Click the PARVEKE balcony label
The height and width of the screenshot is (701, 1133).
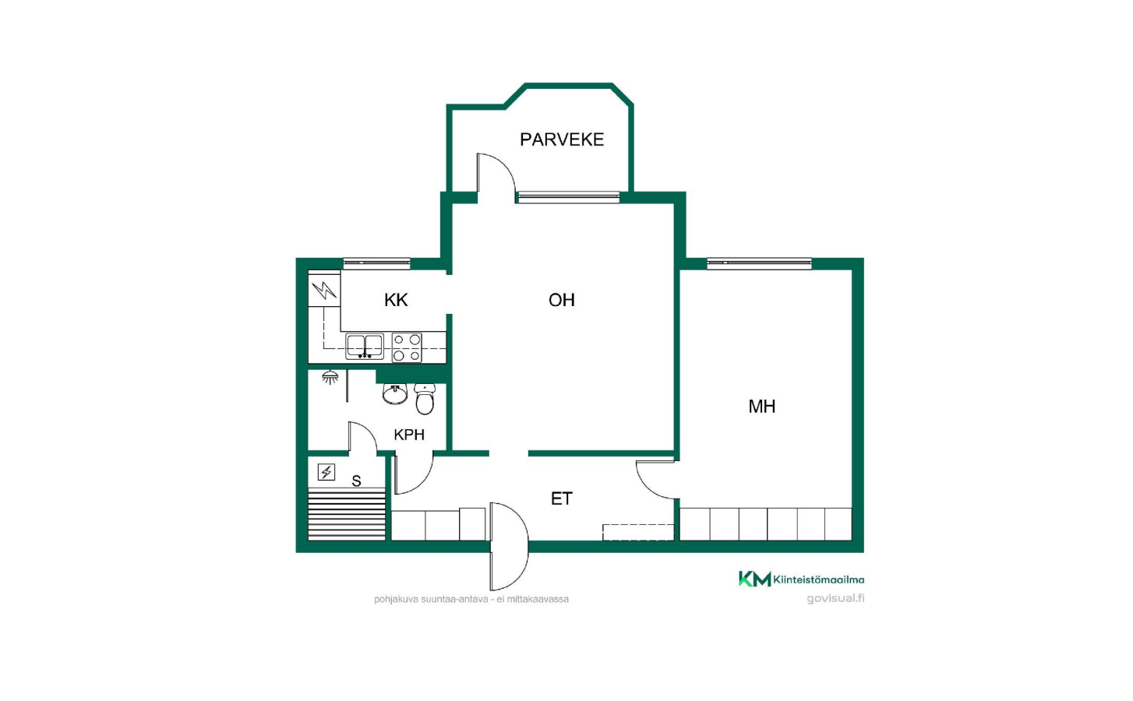562,139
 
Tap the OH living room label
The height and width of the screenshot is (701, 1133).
562,300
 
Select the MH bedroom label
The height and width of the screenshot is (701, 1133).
762,407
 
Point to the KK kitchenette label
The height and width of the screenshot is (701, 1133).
396,300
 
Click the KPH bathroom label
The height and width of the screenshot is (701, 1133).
408,435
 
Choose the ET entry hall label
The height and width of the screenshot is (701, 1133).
562,498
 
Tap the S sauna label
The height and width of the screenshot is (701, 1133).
357,481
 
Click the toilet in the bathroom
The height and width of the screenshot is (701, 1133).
425,399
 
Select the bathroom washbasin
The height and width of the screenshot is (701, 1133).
395,393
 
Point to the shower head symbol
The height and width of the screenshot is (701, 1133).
330,376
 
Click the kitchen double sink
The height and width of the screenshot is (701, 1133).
364,346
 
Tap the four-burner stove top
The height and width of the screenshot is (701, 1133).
407,347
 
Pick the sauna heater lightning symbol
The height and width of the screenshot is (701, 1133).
326,472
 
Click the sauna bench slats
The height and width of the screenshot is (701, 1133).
347,513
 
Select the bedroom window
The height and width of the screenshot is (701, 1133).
759,263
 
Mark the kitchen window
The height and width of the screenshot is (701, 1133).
377,263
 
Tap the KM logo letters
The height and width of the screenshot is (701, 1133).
754,579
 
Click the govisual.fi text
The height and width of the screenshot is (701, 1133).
835,598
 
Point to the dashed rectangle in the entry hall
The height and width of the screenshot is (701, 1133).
638,533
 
